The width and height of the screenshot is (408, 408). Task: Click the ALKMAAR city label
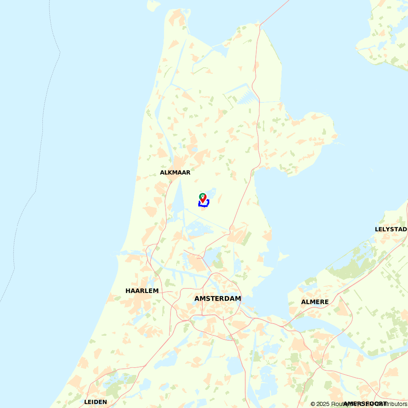(175, 173)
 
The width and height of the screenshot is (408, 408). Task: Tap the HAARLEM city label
(142, 291)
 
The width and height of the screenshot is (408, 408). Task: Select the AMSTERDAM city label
(217, 299)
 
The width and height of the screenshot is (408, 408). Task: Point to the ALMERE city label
(315, 302)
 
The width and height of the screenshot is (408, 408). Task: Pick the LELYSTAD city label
(390, 229)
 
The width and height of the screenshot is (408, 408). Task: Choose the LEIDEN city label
(95, 402)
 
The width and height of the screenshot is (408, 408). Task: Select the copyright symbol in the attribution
(313, 404)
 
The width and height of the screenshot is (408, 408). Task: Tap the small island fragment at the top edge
(153, 5)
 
